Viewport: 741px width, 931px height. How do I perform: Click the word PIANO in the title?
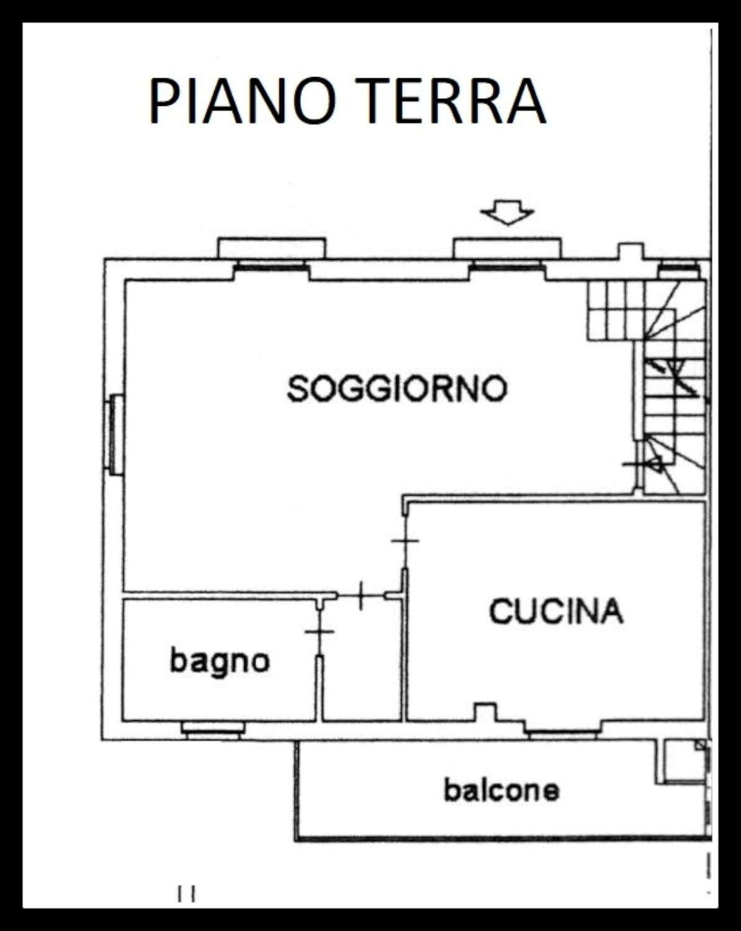pos(242,102)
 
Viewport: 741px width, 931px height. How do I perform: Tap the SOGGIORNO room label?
pos(397,388)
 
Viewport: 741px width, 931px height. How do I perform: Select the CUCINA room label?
pos(556,611)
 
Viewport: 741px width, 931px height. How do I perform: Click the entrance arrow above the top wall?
pos(508,212)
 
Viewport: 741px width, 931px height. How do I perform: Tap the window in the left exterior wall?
pos(114,435)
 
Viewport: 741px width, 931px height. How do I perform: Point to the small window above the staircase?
pos(679,269)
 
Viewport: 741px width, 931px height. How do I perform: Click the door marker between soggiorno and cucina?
pos(405,541)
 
